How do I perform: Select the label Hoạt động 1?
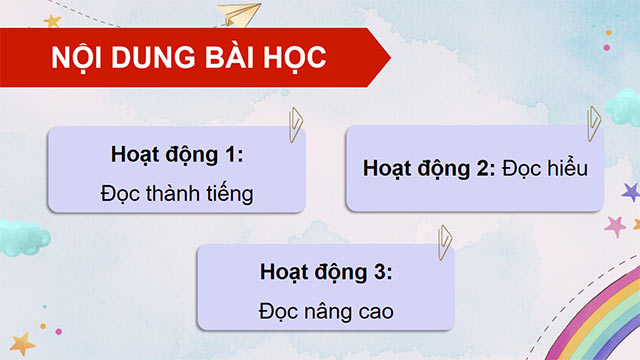point(178,157)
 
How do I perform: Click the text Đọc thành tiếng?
point(177,193)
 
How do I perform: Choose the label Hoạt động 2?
point(429,169)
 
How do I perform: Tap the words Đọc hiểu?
point(546,169)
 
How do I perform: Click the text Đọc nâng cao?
point(326,311)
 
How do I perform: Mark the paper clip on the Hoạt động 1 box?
point(295,123)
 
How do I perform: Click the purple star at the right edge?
point(629,190)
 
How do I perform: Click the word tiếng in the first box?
point(227,193)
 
